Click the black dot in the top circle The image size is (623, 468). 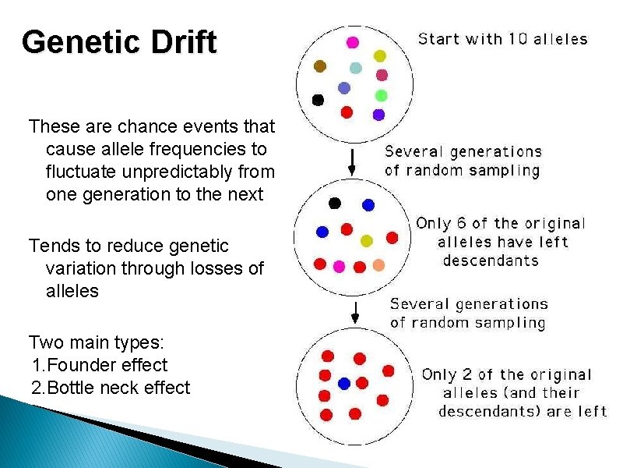pyautogui.click(x=318, y=100)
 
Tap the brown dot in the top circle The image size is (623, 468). pyautogui.click(x=319, y=66)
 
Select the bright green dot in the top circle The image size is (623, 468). pyautogui.click(x=381, y=95)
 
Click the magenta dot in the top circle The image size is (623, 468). pyautogui.click(x=353, y=42)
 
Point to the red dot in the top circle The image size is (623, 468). pyautogui.click(x=347, y=112)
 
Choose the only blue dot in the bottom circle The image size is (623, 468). pyautogui.click(x=344, y=383)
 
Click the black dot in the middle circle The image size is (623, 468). pyautogui.click(x=335, y=204)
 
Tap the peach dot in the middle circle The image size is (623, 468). pyautogui.click(x=378, y=265)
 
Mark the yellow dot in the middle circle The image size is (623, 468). pyautogui.click(x=368, y=239)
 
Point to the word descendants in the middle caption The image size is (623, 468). pyautogui.click(x=491, y=261)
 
